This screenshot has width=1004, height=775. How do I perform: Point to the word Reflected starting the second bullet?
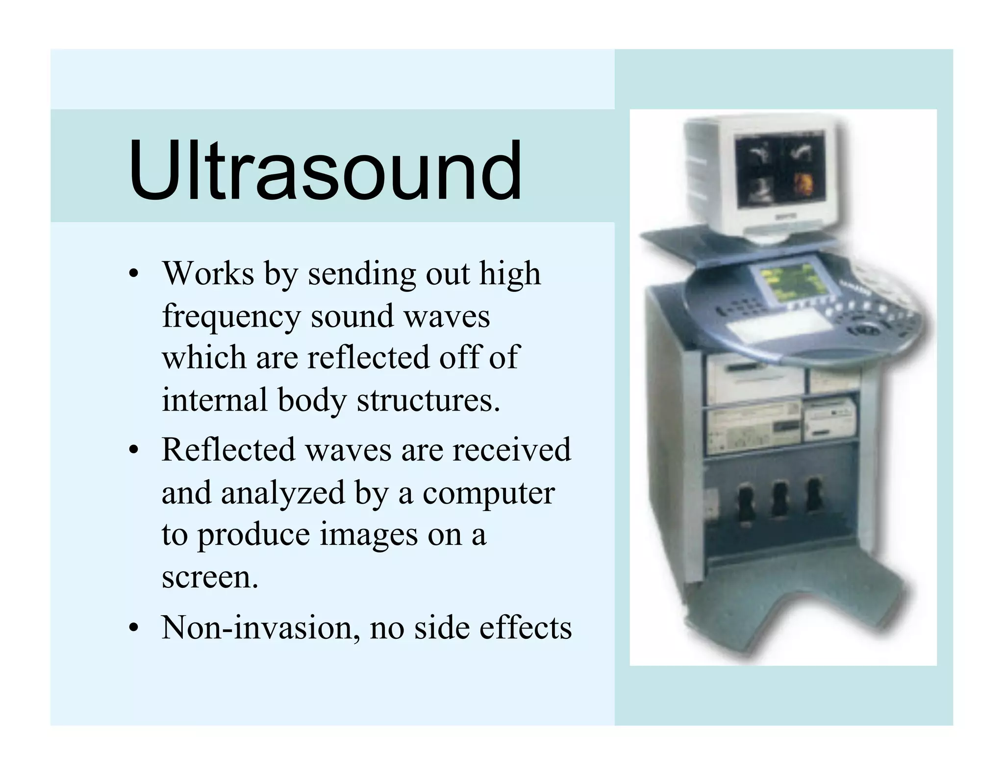click(228, 450)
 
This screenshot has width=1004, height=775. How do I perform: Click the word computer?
click(488, 493)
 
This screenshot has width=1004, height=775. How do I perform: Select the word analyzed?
click(283, 493)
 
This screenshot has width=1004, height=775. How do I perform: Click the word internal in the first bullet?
click(215, 400)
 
